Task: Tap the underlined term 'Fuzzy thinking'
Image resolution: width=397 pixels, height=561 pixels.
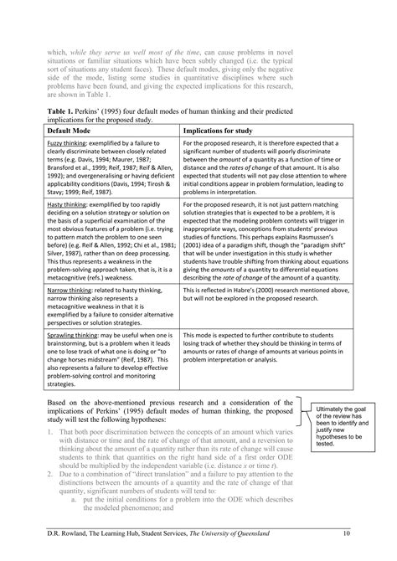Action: click(67, 144)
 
